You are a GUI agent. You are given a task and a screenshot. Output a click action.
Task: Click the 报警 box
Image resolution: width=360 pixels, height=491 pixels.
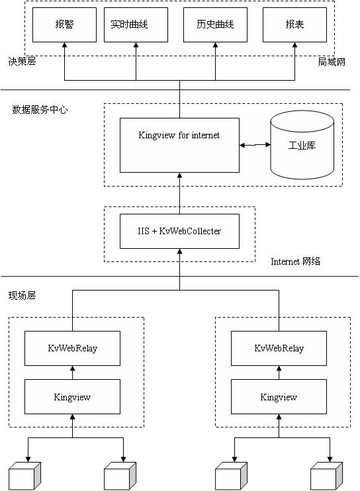(x=64, y=24)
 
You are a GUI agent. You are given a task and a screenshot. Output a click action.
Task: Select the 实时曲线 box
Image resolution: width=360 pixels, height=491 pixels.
(x=136, y=24)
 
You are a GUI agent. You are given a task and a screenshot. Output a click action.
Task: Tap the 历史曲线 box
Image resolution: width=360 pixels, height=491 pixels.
(x=215, y=24)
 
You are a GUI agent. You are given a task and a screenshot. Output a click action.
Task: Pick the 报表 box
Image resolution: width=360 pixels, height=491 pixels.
(x=294, y=24)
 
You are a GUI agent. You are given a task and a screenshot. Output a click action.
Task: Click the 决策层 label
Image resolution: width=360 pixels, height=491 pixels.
(x=22, y=61)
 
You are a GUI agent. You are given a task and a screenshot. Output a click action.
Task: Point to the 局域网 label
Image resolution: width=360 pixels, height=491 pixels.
(x=332, y=62)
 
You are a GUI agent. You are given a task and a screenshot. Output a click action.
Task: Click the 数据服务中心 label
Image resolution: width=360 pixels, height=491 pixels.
(x=40, y=110)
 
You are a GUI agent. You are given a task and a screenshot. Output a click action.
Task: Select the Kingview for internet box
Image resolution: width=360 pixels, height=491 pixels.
(x=180, y=145)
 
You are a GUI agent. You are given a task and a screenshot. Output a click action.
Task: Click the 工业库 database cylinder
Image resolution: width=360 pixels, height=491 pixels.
(x=302, y=145)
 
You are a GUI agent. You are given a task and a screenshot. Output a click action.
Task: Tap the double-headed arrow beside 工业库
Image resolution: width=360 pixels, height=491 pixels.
(x=255, y=145)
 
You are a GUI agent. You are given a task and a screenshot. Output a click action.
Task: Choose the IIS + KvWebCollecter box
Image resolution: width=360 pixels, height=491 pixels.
(x=180, y=231)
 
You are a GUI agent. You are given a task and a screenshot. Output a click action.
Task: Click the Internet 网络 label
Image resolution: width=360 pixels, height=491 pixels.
(x=296, y=261)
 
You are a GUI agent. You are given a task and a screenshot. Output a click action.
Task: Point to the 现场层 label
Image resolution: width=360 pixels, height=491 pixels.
(x=22, y=295)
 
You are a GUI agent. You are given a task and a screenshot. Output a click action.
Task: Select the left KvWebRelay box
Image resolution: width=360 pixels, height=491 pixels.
(x=72, y=348)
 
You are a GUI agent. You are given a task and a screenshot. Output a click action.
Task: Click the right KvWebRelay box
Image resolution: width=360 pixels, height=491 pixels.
(x=279, y=348)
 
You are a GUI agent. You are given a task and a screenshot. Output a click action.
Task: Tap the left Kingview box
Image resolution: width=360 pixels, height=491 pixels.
(x=72, y=397)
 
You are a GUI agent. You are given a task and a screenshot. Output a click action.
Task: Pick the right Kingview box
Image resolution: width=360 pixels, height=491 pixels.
(x=279, y=397)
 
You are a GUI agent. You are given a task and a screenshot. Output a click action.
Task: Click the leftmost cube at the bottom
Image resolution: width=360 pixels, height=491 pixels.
(x=25, y=476)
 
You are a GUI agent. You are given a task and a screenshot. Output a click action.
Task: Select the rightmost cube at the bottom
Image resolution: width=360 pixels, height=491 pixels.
(x=326, y=476)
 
